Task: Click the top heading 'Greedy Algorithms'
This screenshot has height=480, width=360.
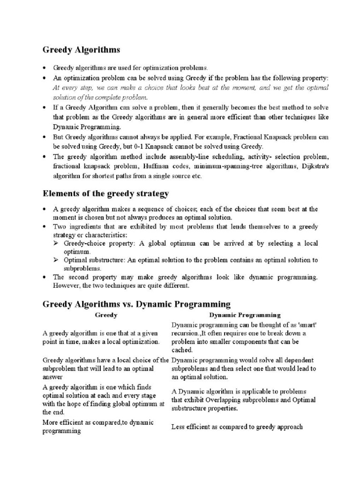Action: [82, 49]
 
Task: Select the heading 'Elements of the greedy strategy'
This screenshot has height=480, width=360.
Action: [105, 193]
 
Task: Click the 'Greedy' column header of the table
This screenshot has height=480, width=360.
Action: [106, 315]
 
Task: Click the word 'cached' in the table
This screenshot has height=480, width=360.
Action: [182, 350]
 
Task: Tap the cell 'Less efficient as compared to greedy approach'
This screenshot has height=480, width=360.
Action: [237, 427]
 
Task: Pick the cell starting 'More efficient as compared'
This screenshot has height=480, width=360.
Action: [98, 427]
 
